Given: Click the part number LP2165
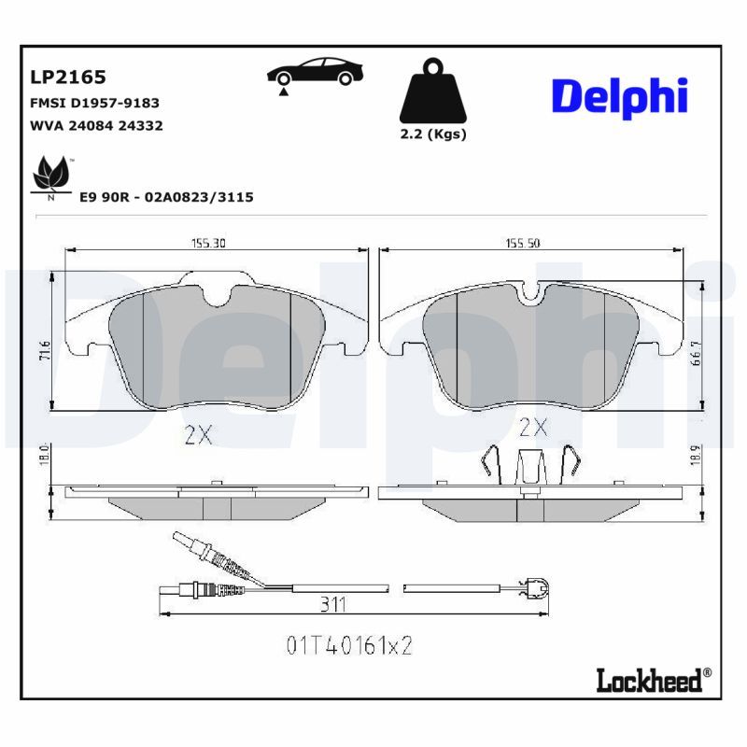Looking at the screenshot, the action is click(x=68, y=78).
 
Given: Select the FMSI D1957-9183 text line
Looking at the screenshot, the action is click(x=95, y=103).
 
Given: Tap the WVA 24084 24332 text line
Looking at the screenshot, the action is click(x=97, y=126).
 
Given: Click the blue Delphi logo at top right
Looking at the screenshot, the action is click(x=620, y=97).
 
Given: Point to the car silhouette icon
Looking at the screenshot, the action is click(x=315, y=75).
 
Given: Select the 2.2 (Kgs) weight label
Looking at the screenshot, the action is click(x=433, y=134).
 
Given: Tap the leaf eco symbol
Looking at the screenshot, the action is click(x=51, y=176).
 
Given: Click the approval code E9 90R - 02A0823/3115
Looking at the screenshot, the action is click(x=166, y=197).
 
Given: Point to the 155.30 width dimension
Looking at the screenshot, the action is click(x=208, y=244).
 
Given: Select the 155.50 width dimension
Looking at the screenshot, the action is click(x=523, y=244).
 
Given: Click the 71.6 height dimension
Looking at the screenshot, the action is click(x=45, y=350).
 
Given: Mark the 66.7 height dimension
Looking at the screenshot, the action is click(x=696, y=353).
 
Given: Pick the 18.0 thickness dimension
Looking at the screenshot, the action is click(x=45, y=455).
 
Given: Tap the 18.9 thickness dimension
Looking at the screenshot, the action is click(x=696, y=455).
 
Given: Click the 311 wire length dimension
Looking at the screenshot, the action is click(x=332, y=604).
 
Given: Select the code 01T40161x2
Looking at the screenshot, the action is click(x=349, y=645).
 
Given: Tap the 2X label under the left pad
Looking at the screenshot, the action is click(x=198, y=434).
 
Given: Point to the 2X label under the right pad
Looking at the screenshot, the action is click(x=533, y=428).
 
